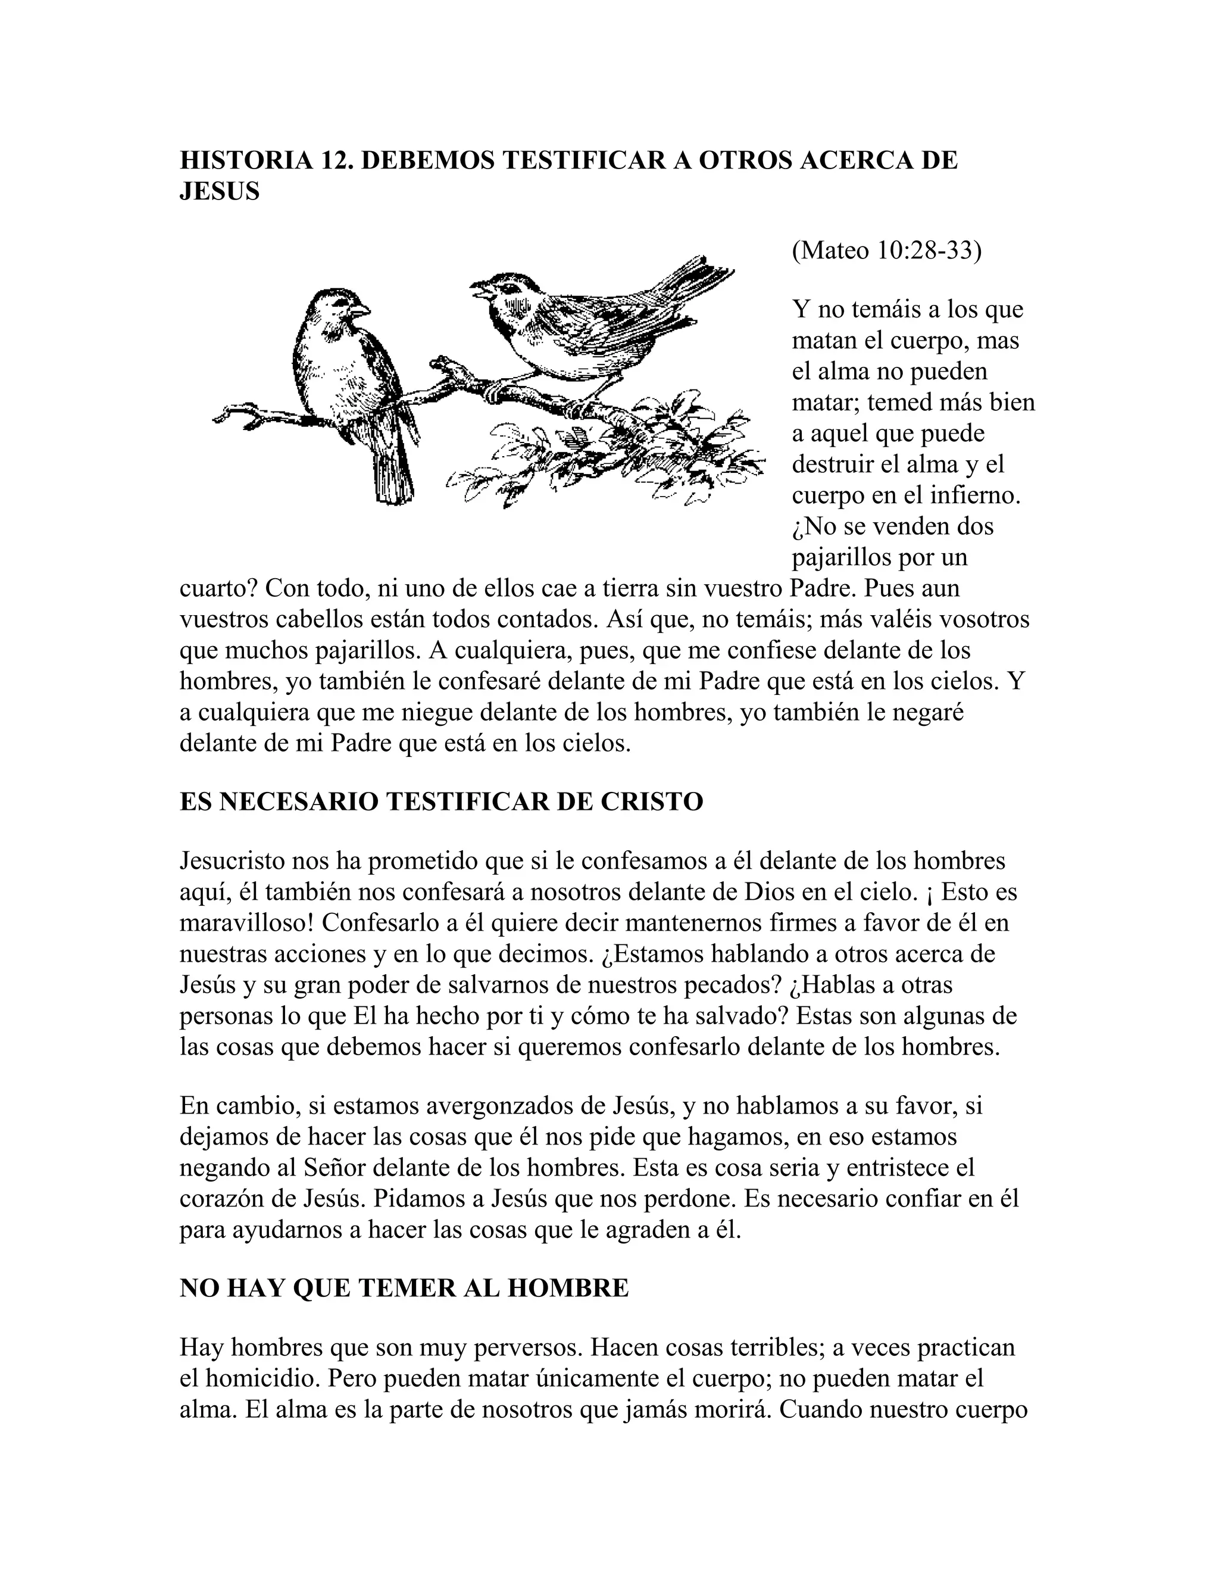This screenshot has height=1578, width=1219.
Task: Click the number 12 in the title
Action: pyautogui.click(x=335, y=160)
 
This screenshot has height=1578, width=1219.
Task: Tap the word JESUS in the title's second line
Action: pyautogui.click(x=219, y=192)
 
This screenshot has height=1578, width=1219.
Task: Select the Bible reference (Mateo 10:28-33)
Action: pyautogui.click(x=886, y=250)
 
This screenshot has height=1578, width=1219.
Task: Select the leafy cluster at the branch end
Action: pyautogui.click(x=614, y=455)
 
